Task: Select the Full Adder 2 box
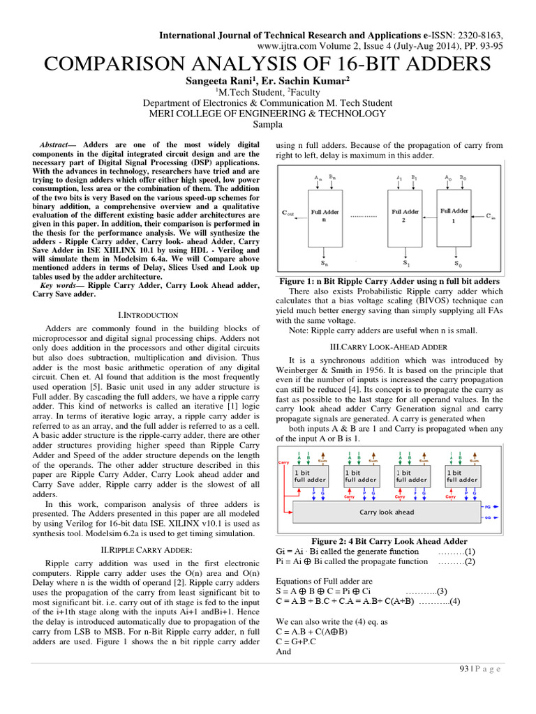(x=405, y=215)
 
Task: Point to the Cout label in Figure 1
(x=288, y=215)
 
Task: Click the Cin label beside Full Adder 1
(x=491, y=216)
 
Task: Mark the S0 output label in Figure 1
(x=457, y=264)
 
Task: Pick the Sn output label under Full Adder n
(x=325, y=264)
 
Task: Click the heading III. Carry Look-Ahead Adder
(x=389, y=347)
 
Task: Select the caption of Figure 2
(x=389, y=541)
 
